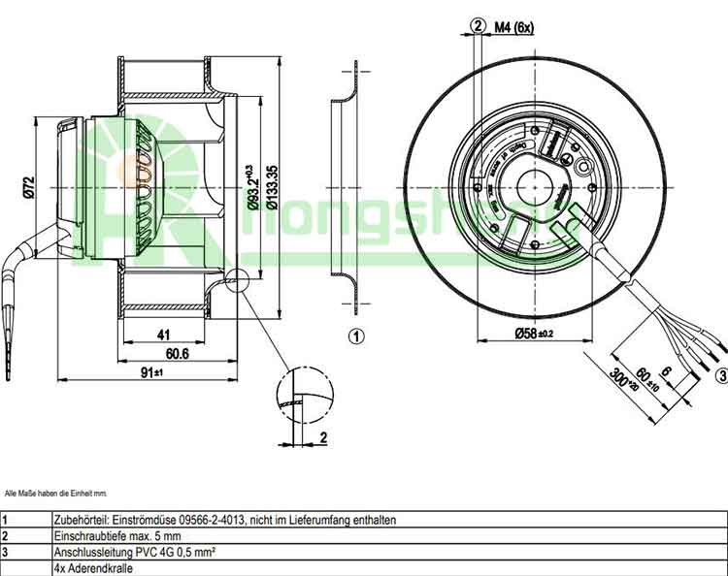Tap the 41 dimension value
(164, 336)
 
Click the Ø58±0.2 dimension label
(533, 335)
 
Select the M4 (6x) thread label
(513, 27)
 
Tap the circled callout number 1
(356, 336)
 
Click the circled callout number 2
(478, 26)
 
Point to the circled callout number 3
(721, 375)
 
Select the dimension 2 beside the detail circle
(322, 437)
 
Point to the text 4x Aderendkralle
(94, 568)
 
